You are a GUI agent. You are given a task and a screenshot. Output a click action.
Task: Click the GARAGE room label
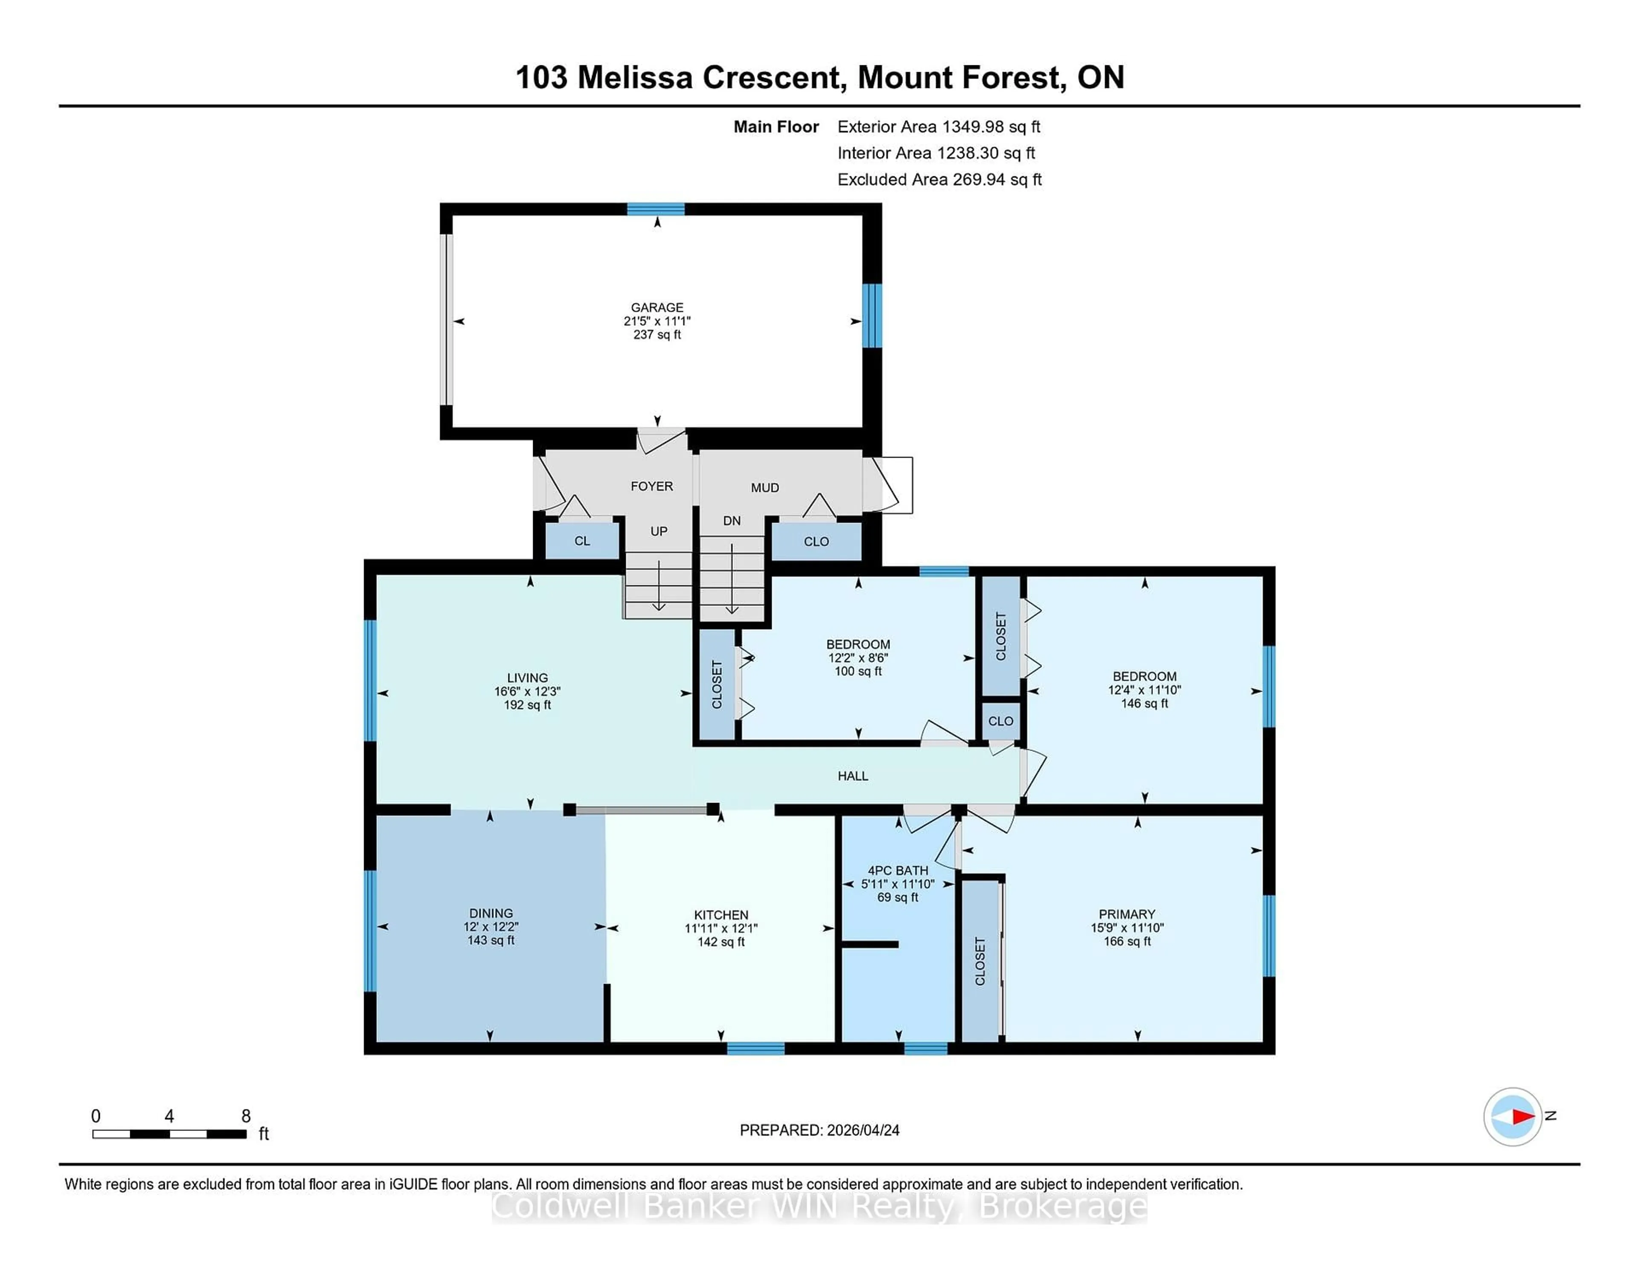pos(656,307)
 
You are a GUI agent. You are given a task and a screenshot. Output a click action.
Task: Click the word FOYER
pos(651,486)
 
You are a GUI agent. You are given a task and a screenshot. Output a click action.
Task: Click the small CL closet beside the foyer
pos(582,540)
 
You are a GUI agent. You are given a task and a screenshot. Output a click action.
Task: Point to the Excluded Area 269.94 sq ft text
pos(939,179)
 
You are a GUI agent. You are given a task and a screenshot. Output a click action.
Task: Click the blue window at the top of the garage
pos(656,210)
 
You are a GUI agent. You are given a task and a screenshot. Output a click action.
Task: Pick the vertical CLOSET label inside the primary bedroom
pos(980,961)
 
